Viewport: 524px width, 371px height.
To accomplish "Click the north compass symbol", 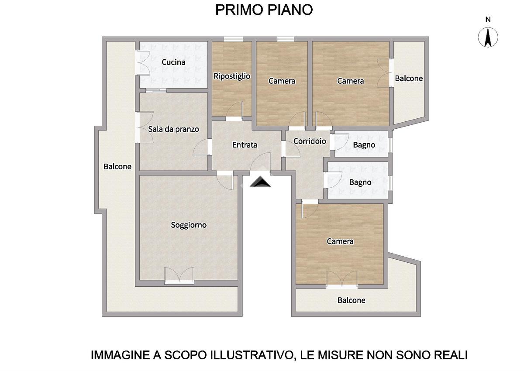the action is tap(488, 38).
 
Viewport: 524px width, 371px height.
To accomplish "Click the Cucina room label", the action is tap(173, 62).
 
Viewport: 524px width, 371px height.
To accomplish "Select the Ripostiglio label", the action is tap(232, 76).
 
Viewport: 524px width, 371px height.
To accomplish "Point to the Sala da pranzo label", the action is tap(173, 129).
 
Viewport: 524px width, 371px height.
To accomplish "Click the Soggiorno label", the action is tap(189, 225).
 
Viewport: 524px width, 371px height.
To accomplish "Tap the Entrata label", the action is tap(245, 145).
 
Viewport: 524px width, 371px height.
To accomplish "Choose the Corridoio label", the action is tap(310, 141).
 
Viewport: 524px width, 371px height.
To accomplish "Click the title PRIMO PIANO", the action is tap(264, 10).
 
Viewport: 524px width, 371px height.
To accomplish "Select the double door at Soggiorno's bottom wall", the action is tap(179, 275).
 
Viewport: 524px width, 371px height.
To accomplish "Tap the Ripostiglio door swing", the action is tap(234, 110).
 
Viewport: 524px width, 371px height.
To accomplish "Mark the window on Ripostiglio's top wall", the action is tap(233, 39).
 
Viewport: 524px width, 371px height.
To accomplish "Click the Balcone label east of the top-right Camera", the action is tap(409, 78).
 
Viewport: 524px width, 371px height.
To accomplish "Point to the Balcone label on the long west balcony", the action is tap(117, 166).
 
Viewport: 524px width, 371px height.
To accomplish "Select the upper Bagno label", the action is tap(364, 145).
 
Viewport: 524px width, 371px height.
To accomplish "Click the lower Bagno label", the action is tap(360, 182).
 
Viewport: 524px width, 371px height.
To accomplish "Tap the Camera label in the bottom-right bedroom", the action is tap(340, 241).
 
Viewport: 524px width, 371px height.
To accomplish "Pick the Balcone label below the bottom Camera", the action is tap(351, 300).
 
